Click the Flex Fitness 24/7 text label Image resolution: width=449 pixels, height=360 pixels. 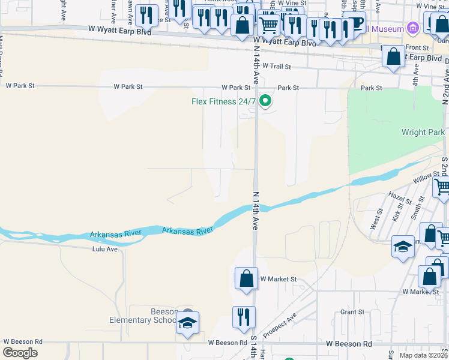223,101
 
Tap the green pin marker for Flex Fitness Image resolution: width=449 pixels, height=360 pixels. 265,101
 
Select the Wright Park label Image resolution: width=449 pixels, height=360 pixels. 424,132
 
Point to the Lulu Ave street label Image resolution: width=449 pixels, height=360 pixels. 105,248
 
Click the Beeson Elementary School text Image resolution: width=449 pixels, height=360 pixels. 143,316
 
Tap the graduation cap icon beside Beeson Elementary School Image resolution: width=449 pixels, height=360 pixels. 187,323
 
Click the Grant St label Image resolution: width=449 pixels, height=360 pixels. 352,312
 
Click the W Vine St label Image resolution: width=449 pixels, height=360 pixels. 292,3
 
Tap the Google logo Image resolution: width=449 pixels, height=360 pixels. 20,353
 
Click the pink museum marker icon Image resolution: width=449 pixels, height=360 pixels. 412,28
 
